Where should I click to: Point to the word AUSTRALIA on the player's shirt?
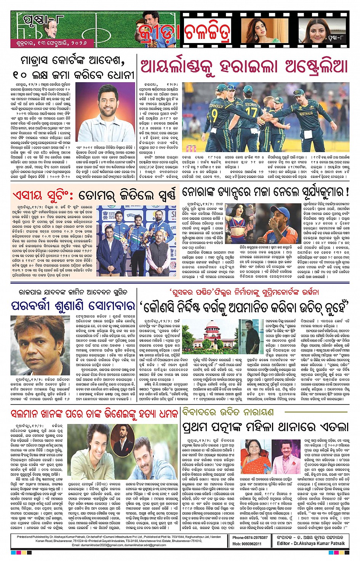(306, 113)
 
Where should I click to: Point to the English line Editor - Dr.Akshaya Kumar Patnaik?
(311, 543)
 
